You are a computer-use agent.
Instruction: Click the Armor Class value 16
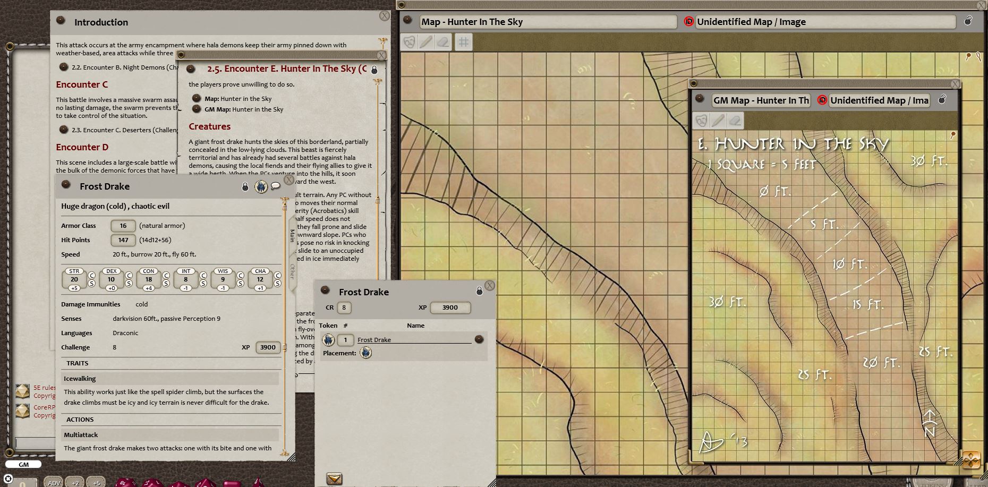click(x=123, y=226)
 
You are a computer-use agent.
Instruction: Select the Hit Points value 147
click(x=123, y=240)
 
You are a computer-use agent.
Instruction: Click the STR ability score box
click(x=74, y=279)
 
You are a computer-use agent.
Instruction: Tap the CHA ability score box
click(x=260, y=279)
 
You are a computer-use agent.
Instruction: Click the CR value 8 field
click(x=344, y=307)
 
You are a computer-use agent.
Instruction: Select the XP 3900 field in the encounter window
click(x=449, y=307)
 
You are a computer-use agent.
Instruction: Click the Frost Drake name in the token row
click(x=374, y=340)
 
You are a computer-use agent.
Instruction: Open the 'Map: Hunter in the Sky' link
click(x=238, y=99)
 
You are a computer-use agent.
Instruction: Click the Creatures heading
click(x=210, y=126)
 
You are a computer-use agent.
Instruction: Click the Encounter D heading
click(x=82, y=147)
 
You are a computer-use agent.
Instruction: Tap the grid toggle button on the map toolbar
click(x=463, y=42)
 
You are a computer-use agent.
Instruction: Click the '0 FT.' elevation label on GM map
click(x=775, y=191)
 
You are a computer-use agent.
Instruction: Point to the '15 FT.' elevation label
click(x=868, y=305)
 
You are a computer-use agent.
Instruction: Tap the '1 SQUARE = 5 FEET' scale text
click(x=761, y=165)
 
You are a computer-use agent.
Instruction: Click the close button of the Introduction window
click(x=385, y=16)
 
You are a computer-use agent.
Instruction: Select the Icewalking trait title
click(x=80, y=379)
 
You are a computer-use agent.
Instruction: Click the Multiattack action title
click(x=81, y=435)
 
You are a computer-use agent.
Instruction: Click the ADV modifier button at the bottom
click(x=54, y=483)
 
